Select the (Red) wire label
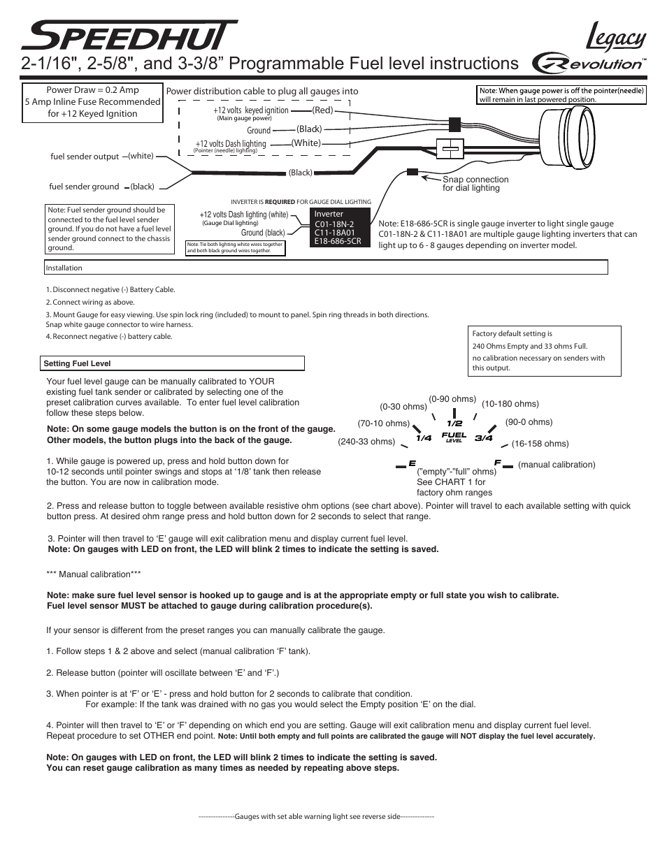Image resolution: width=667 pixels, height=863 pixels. point(323,110)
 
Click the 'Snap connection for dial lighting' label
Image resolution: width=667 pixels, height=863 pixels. point(475,184)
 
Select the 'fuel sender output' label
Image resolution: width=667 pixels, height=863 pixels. point(85,157)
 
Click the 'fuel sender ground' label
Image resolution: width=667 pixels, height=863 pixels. point(84,187)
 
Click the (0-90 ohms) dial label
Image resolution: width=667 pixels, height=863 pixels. point(452,399)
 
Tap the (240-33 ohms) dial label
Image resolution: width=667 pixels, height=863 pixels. point(366,442)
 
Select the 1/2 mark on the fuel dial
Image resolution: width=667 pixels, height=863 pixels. point(455,423)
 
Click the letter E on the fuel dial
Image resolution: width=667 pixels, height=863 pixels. point(412,463)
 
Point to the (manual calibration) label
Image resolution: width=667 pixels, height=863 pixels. point(557,465)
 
